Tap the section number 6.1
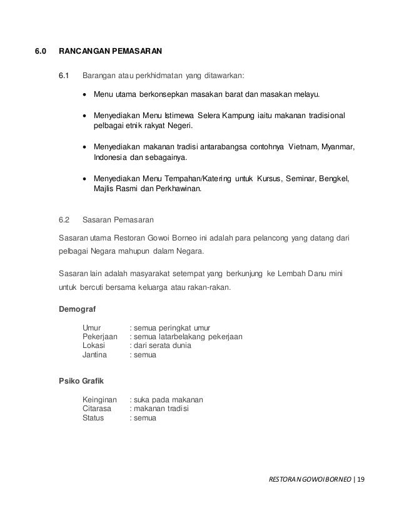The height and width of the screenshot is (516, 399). pos(64,77)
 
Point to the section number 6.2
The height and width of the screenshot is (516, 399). pos(64,220)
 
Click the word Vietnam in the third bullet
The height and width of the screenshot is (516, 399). pos(304,147)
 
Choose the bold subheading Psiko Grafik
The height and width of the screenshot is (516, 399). pos(81,381)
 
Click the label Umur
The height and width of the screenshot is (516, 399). pos(93,327)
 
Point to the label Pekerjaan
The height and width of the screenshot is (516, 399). pos(101,337)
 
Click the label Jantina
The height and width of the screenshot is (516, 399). pos(95,355)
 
